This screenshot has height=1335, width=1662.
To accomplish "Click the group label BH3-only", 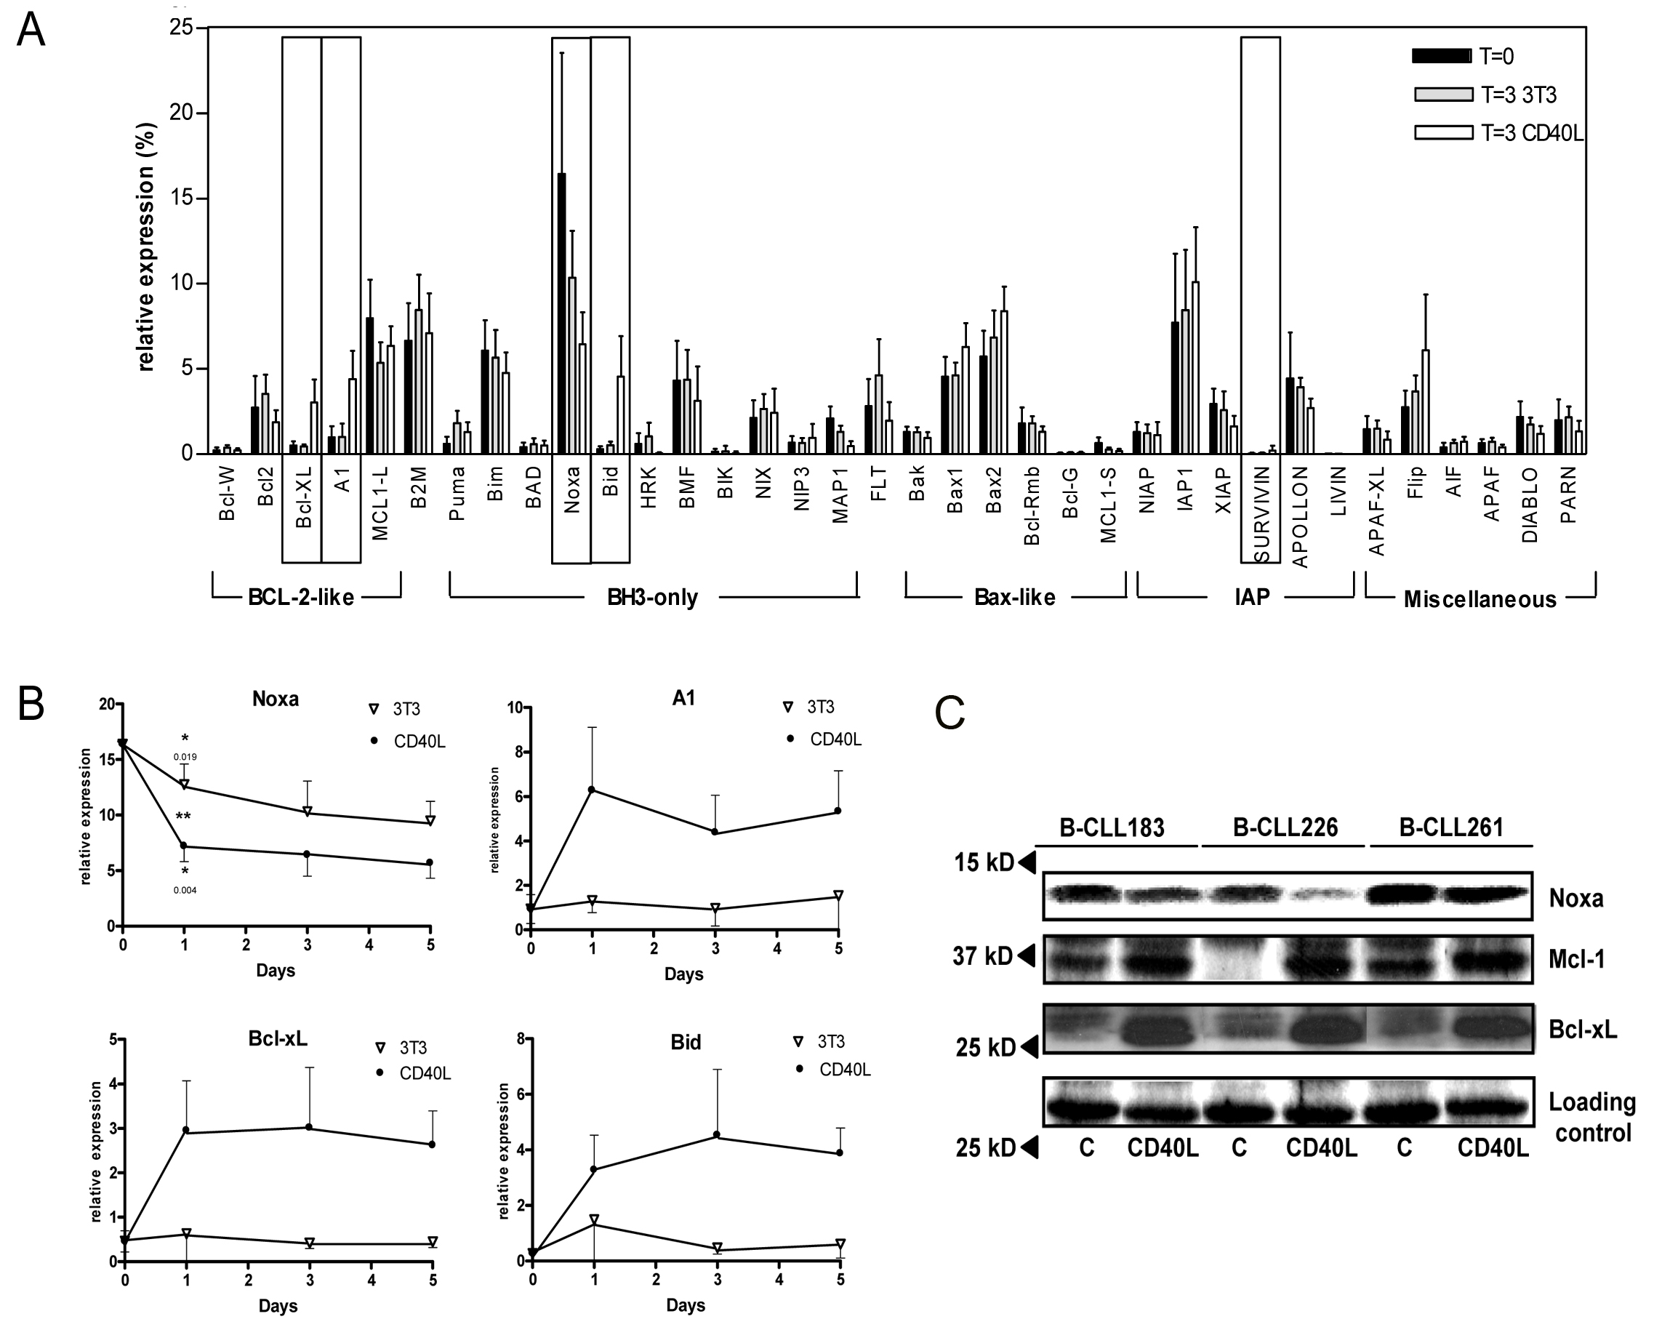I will [x=652, y=598].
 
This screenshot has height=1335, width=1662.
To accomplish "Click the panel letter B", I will [x=31, y=703].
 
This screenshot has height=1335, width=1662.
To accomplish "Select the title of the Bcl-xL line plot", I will [x=278, y=1038].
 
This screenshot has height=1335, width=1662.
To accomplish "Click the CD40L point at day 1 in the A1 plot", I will [x=592, y=789].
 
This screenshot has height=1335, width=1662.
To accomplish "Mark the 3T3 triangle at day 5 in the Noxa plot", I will [x=431, y=820].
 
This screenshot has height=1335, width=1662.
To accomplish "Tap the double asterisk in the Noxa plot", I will [x=183, y=817].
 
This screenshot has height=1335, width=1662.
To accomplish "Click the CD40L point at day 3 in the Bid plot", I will [x=717, y=1134].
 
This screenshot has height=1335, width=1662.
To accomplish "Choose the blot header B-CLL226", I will [x=1285, y=827].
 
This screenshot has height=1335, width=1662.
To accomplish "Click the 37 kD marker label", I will [x=983, y=957].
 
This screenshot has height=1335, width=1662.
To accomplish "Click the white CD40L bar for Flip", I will [x=1425, y=401].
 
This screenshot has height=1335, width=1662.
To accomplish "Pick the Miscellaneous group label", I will [x=1480, y=599].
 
